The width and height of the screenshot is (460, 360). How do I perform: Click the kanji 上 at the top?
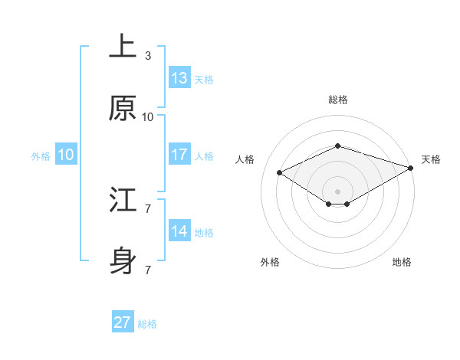[123, 47]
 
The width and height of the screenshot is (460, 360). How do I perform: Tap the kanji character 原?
[123, 109]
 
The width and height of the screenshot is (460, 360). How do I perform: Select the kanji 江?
[123, 201]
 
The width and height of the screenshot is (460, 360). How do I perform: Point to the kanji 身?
[123, 263]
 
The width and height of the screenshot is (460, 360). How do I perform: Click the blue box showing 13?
[179, 78]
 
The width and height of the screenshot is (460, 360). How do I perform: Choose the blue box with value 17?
[179, 155]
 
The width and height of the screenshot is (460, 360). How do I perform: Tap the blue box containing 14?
[179, 231]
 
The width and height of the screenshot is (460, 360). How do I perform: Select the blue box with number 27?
[123, 322]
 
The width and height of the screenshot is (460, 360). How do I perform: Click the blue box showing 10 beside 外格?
[66, 155]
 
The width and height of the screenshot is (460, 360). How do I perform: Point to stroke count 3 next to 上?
[148, 55]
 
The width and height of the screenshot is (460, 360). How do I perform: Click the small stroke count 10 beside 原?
[148, 117]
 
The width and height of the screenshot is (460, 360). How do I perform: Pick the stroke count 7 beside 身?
[148, 270]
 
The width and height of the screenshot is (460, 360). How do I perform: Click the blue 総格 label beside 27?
[147, 324]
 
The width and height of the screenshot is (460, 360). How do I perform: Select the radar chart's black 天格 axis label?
[431, 159]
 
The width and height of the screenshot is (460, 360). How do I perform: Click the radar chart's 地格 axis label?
[402, 262]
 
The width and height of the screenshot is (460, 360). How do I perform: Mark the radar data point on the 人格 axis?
[280, 172]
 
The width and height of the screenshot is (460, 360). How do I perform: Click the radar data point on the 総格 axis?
[337, 146]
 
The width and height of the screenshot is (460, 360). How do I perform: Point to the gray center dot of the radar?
[337, 191]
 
